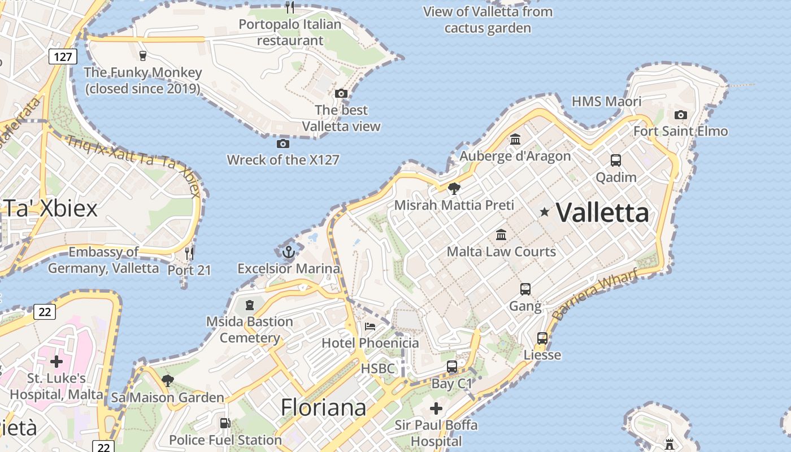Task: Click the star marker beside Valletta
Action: click(545, 212)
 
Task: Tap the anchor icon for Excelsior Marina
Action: click(289, 251)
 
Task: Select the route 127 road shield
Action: click(63, 56)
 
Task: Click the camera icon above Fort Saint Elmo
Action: click(681, 115)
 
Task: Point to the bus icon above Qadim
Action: click(616, 160)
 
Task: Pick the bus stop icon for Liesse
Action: click(542, 338)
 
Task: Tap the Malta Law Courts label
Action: click(501, 251)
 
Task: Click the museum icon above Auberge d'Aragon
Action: click(515, 139)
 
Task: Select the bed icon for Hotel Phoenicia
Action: click(370, 327)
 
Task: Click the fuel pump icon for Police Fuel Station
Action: click(225, 423)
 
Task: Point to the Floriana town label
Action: click(323, 407)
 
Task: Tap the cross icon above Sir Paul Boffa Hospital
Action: click(436, 408)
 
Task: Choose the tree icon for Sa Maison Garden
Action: click(167, 380)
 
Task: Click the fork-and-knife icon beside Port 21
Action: click(189, 253)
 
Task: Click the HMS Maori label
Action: click(606, 102)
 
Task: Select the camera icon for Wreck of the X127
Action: click(283, 144)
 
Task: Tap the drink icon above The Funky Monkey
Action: click(143, 55)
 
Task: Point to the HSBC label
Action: click(377, 368)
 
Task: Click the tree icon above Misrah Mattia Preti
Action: click(454, 188)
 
